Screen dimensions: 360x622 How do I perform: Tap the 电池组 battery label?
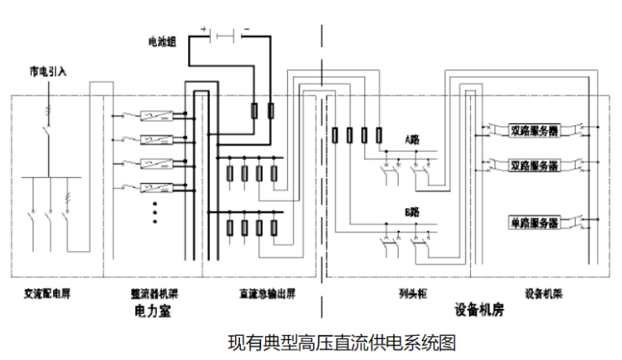tap(162, 39)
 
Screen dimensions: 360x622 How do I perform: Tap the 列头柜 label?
tap(410, 295)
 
